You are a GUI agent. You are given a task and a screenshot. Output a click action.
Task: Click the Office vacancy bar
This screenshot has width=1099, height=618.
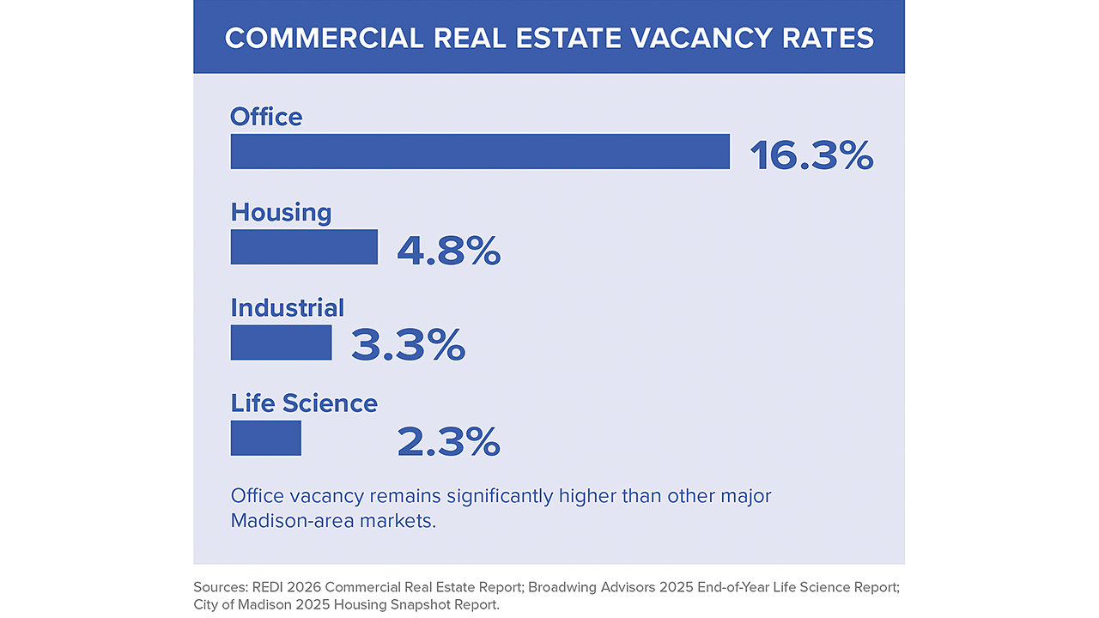pyautogui.click(x=480, y=151)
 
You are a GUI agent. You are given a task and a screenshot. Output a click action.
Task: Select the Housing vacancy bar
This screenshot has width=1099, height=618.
pyautogui.click(x=304, y=246)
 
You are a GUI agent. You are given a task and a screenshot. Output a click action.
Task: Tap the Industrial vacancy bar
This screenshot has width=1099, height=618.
pyautogui.click(x=281, y=342)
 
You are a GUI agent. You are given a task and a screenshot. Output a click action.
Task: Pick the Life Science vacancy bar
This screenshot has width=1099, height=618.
pyautogui.click(x=266, y=438)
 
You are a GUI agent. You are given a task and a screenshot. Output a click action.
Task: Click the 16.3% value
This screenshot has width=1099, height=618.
pyautogui.click(x=811, y=155)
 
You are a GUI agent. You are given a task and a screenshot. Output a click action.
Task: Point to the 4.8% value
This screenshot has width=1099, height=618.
pyautogui.click(x=448, y=251)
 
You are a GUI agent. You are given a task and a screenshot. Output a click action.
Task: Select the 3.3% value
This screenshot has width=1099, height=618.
pyautogui.click(x=408, y=346)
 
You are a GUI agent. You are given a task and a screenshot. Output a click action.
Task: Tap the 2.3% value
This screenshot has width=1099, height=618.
pyautogui.click(x=448, y=442)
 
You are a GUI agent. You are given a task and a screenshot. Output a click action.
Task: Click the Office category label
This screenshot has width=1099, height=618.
pyautogui.click(x=266, y=117)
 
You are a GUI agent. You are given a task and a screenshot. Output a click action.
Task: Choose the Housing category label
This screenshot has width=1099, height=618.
pyautogui.click(x=281, y=214)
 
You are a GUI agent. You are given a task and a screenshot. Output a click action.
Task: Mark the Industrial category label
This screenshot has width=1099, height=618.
pyautogui.click(x=288, y=308)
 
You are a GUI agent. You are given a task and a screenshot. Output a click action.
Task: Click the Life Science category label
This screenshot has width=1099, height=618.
pyautogui.click(x=304, y=403)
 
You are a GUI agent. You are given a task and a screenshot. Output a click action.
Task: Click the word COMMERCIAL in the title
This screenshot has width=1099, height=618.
pyautogui.click(x=324, y=38)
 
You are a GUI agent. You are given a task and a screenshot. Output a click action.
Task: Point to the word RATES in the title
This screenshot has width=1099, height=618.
pyautogui.click(x=828, y=38)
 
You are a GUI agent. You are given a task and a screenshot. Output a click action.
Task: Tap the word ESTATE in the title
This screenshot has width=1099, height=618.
pyautogui.click(x=568, y=38)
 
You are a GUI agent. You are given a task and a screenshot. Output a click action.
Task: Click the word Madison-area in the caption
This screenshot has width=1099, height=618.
pyautogui.click(x=293, y=520)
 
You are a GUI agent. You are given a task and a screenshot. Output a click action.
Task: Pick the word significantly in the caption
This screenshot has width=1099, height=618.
pyautogui.click(x=500, y=496)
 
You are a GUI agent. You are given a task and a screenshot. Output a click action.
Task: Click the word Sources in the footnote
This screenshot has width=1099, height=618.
pyautogui.click(x=221, y=587)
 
